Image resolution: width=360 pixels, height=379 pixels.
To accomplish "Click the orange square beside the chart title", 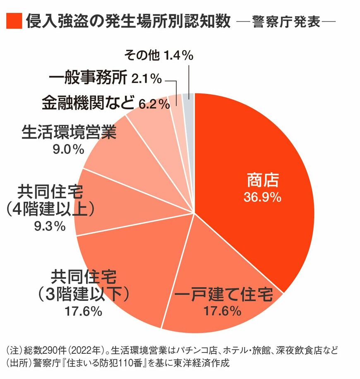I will coord(13,21).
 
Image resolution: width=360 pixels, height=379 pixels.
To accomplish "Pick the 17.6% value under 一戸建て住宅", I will coord(223,311).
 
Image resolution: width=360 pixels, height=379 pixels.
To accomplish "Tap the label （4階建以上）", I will coord(51,209).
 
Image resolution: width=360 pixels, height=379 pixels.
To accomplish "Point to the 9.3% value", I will coord(51,226).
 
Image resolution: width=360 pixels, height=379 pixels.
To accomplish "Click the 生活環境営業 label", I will coord(69,133).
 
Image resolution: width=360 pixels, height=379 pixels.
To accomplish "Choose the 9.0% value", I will coord(69,149).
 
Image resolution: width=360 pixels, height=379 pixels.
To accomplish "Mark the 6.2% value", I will coord(154,104).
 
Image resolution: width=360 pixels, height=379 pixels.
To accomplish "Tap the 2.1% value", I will coord(146,79).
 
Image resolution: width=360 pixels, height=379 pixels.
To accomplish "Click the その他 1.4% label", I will coord(159,55).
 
